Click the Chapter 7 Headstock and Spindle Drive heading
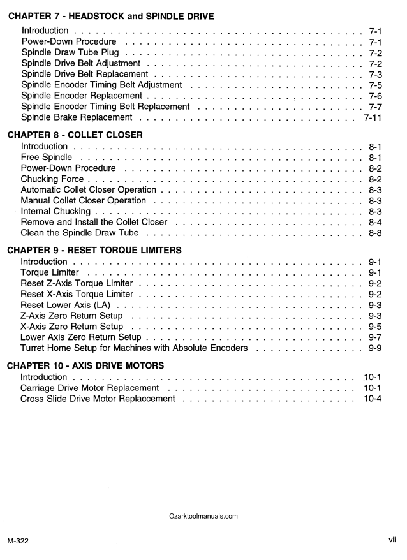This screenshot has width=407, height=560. click(x=120, y=15)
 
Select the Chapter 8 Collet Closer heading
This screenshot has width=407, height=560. click(x=75, y=135)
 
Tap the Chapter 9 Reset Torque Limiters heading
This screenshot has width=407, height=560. click(x=94, y=249)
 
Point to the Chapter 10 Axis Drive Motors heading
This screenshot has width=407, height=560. click(x=85, y=365)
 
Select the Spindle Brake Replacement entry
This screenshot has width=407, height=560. click(x=77, y=117)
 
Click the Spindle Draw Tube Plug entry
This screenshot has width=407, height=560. click(x=70, y=52)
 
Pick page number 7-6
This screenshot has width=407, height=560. click(x=375, y=96)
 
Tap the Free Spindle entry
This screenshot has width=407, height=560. click(x=46, y=157)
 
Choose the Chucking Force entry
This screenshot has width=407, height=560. click(x=52, y=179)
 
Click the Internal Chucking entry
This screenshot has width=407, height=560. click(x=56, y=211)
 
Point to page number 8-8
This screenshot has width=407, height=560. click(x=375, y=233)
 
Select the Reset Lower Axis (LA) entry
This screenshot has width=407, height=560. click(x=65, y=305)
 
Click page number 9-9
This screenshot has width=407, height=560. click(x=375, y=348)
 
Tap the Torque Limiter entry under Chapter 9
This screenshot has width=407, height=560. click(x=50, y=272)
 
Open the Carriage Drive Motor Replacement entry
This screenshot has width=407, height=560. click(x=90, y=388)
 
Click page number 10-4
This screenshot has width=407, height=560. click(x=373, y=399)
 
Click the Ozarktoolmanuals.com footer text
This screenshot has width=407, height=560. click(x=204, y=516)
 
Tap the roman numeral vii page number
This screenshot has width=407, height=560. click(x=392, y=540)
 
